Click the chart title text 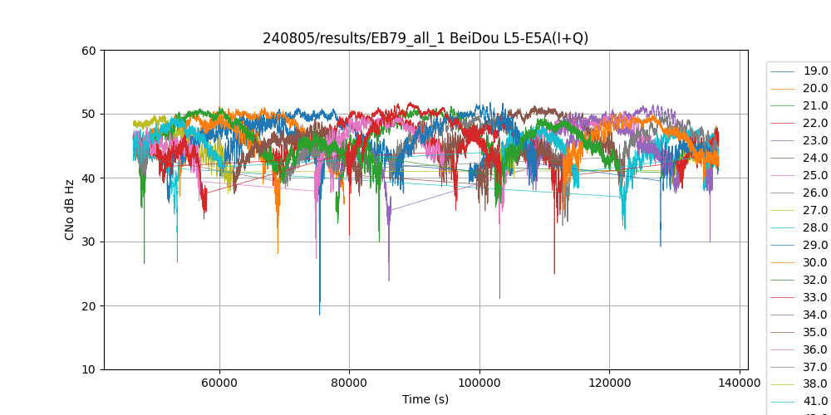tap(425, 37)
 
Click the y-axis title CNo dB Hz tap(70, 210)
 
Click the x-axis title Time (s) tap(425, 399)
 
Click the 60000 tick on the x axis tap(219, 383)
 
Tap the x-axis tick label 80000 tap(349, 383)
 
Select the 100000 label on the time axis tap(479, 383)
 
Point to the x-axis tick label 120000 tap(609, 383)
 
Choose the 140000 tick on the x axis tap(740, 383)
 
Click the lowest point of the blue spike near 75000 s tap(319, 315)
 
